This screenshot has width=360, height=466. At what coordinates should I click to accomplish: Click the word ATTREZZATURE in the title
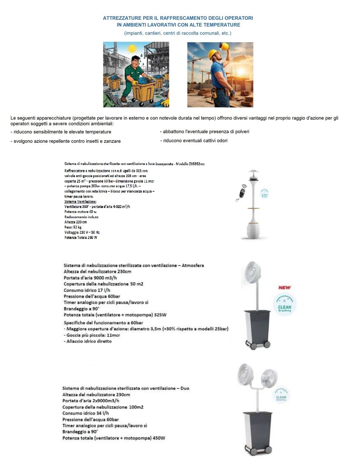[x=121, y=18]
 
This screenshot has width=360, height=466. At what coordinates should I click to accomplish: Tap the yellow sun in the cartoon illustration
[x=132, y=48]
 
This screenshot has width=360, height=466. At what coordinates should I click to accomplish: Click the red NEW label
[x=285, y=288]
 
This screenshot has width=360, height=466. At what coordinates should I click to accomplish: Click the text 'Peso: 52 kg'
[x=73, y=227]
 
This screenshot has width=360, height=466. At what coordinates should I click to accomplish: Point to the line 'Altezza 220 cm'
[x=76, y=222]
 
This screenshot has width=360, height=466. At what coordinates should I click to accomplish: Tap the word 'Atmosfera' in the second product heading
[x=191, y=265]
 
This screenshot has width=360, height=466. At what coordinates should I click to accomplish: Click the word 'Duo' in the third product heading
[x=185, y=388]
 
